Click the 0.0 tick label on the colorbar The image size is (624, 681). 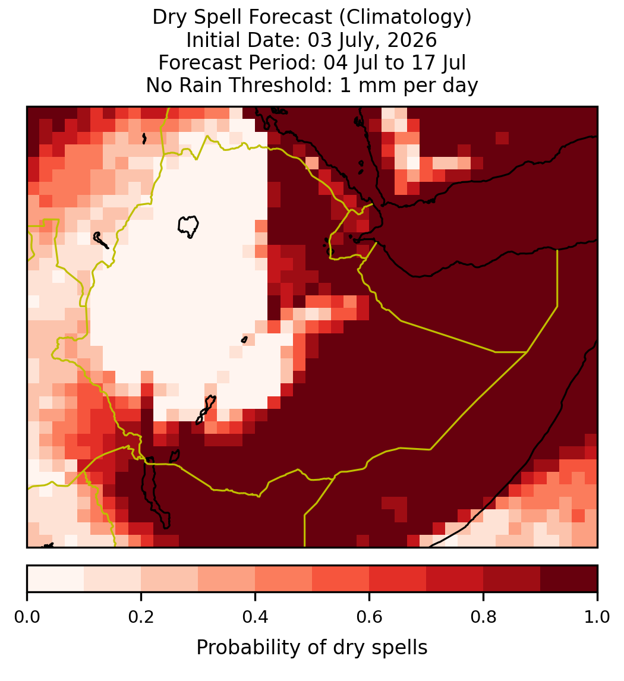27,617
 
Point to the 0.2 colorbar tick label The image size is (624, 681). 141,617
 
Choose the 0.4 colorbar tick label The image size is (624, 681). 255,617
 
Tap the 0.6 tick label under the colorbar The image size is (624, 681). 369,617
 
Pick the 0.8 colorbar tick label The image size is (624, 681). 483,617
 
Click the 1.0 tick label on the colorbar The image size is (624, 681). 597,617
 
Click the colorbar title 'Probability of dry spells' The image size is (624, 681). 312,648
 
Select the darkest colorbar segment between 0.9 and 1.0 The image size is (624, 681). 569,579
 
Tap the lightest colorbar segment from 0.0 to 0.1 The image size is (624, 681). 56,579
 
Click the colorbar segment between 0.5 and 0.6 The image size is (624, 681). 341,579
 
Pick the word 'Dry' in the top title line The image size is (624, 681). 170,18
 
